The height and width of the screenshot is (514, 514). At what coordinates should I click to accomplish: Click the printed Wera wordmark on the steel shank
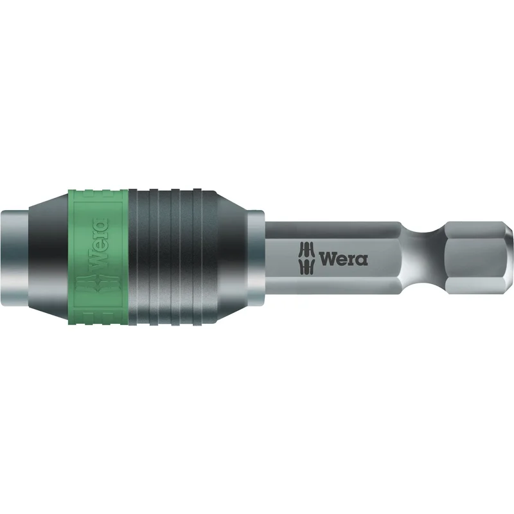pyautogui.click(x=343, y=260)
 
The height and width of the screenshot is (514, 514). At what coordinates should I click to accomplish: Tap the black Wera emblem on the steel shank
pyautogui.click(x=307, y=258)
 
